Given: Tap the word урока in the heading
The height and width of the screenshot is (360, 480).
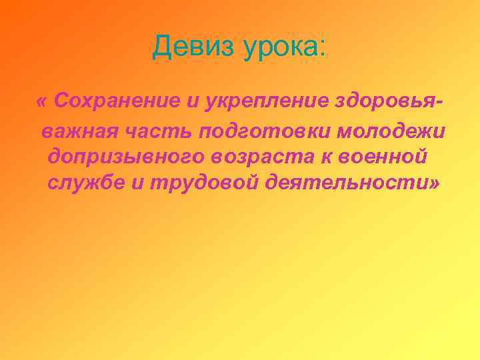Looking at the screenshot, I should tap(283, 48).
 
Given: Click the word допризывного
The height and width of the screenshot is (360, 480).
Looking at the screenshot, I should tap(126, 157).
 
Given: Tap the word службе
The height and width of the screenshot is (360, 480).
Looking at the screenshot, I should tap(85, 183).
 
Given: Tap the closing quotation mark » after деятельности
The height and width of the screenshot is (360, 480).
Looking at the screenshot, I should tap(435, 184).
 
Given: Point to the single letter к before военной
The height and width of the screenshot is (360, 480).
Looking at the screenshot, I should tap(329, 157).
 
